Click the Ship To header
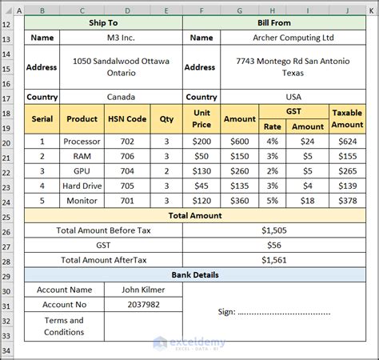(104, 23)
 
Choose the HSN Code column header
(126, 118)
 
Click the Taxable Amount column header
(346, 118)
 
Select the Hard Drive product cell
(82, 186)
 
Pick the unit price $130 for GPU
(201, 171)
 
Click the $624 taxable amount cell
(346, 142)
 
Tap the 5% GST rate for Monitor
(273, 201)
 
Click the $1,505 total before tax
(274, 230)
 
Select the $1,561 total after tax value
(274, 260)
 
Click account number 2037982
(143, 305)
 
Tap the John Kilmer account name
(143, 290)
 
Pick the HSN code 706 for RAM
(126, 156)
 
